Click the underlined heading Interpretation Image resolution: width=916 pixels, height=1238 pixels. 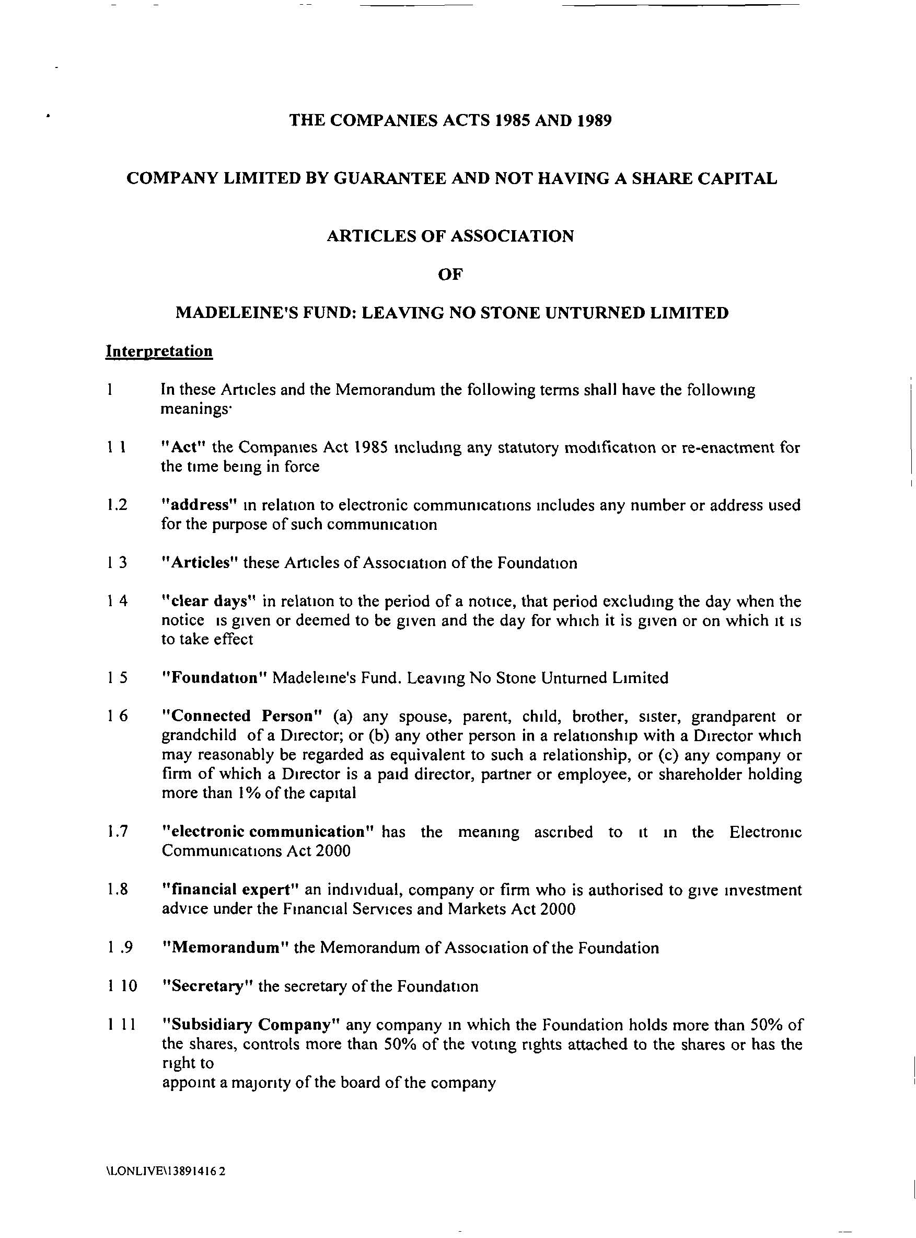tap(159, 351)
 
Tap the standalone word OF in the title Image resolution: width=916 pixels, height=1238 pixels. tap(450, 275)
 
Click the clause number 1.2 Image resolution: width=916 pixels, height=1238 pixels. tap(118, 505)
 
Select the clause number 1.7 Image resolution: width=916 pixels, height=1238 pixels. tap(118, 832)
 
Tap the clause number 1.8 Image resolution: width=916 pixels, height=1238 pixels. tap(118, 890)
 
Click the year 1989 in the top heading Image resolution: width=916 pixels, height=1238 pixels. tap(594, 120)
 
